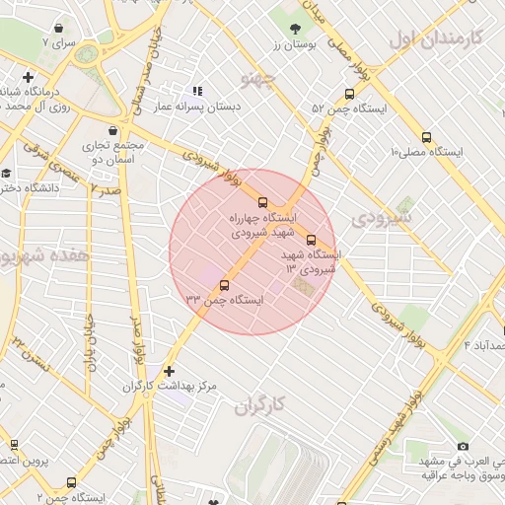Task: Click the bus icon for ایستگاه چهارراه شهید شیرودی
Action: pyautogui.click(x=260, y=201)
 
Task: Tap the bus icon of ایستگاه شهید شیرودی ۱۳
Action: pyautogui.click(x=312, y=240)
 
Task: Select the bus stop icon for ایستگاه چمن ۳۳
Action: pyautogui.click(x=225, y=286)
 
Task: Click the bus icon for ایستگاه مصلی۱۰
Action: pyautogui.click(x=426, y=138)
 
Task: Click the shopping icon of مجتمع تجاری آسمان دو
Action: pyautogui.click(x=113, y=129)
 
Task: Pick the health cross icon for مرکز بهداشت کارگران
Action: pyautogui.click(x=169, y=372)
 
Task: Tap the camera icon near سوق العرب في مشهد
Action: pyautogui.click(x=464, y=447)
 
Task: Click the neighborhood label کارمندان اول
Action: pyautogui.click(x=434, y=38)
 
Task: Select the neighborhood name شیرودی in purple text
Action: pyautogui.click(x=385, y=215)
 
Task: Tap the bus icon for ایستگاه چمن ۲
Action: pyautogui.click(x=70, y=483)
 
